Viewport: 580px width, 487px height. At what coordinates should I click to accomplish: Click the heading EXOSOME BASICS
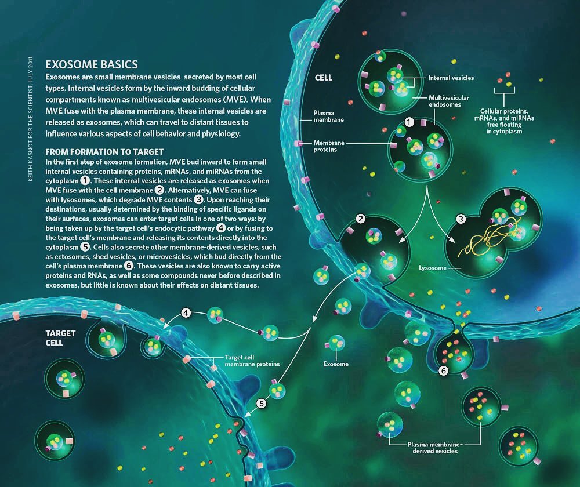91,64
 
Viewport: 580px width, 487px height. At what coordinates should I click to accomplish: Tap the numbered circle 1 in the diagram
409,122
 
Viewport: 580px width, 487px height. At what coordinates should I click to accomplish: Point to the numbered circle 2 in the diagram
361,219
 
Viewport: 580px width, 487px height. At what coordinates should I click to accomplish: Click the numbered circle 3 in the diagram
461,219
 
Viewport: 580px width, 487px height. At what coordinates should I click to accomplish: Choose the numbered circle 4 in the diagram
186,313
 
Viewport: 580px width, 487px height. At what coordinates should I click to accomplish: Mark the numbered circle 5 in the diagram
261,404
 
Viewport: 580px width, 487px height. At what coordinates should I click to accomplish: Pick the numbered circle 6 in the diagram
443,370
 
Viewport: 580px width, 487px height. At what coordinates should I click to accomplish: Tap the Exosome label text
336,365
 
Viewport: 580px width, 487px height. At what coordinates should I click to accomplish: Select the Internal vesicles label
451,78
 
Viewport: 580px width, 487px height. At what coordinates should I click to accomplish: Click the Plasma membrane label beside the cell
328,117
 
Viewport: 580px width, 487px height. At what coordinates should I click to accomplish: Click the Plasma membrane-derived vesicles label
432,447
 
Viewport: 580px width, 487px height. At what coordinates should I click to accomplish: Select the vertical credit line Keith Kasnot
32,119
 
